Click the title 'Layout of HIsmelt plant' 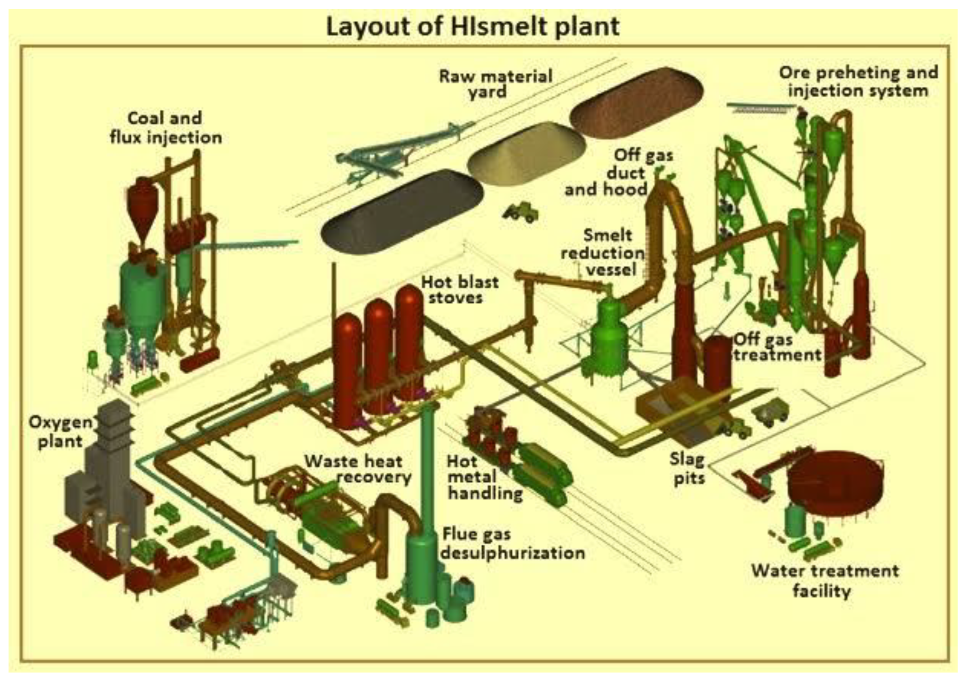pos(472,27)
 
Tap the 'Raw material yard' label pos(495,84)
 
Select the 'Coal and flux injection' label pos(166,127)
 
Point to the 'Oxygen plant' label pos(60,432)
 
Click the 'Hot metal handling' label pos(484,477)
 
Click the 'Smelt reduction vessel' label pos(603,253)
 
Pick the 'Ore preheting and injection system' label pos(858,81)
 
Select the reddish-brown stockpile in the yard pos(637,104)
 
